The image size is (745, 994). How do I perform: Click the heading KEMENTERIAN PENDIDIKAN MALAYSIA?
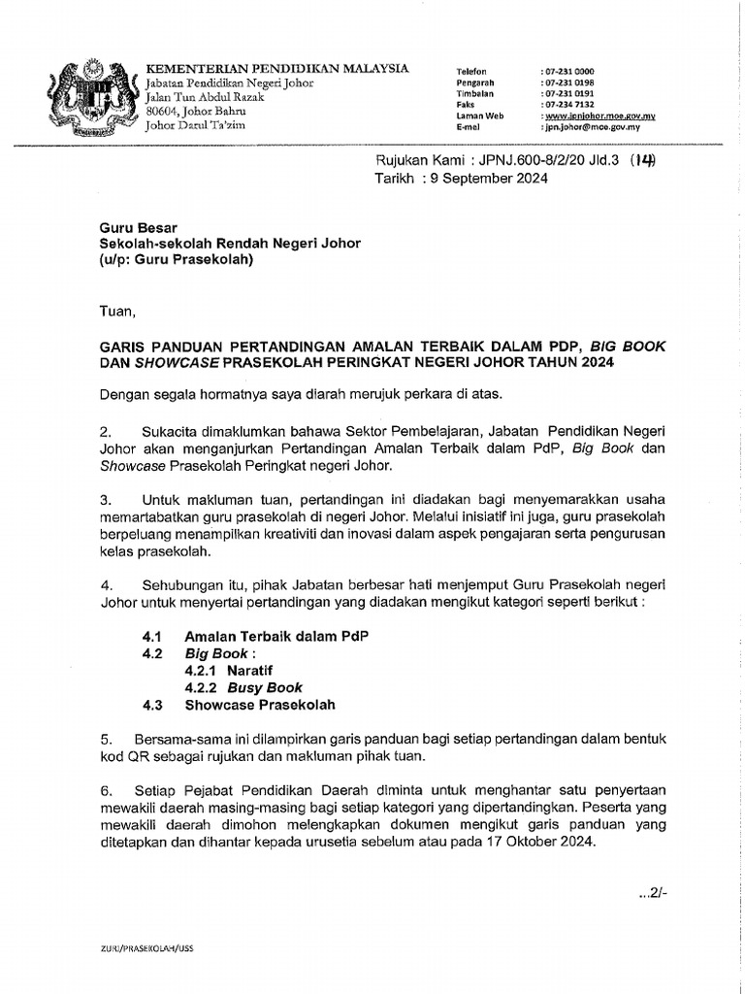[276, 68]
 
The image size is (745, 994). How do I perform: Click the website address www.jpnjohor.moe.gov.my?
[598, 116]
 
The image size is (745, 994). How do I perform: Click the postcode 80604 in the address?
[163, 111]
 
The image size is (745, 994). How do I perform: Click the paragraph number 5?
[106, 740]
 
